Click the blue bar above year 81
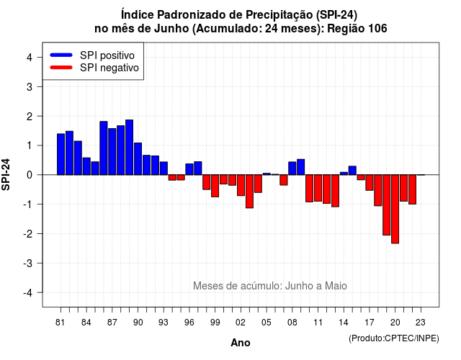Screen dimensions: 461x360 click(x=61, y=154)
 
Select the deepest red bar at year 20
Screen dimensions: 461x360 click(x=395, y=209)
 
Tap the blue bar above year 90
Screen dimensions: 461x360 click(x=138, y=158)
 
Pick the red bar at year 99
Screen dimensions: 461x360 click(x=215, y=186)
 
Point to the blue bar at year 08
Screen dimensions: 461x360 click(x=292, y=168)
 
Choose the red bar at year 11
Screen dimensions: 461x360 click(x=318, y=188)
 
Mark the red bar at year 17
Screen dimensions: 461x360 click(x=370, y=182)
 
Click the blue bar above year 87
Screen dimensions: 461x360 click(x=112, y=152)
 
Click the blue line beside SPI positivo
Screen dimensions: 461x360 click(x=61, y=55)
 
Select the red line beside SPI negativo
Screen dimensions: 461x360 click(x=61, y=67)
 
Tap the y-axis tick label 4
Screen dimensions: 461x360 click(x=30, y=58)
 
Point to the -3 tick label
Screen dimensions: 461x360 click(x=28, y=264)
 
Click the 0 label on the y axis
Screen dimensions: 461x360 click(x=30, y=175)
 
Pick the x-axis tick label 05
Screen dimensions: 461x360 click(x=266, y=323)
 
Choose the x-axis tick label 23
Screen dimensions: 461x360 click(x=421, y=323)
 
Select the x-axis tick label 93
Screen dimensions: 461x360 click(x=164, y=323)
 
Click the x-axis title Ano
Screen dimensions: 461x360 click(x=241, y=343)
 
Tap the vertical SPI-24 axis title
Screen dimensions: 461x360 click(x=6, y=174)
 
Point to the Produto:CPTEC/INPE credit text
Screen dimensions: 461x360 click(x=394, y=338)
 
